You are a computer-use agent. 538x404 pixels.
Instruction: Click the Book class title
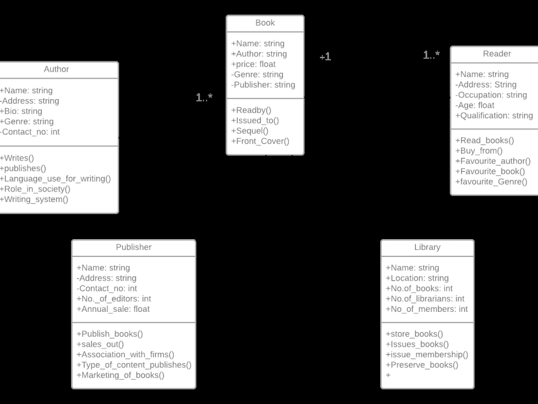click(x=265, y=23)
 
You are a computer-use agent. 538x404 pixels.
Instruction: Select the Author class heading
click(x=56, y=69)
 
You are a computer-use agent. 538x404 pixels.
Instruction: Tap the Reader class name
click(x=497, y=53)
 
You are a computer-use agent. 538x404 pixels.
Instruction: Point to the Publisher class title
click(x=133, y=247)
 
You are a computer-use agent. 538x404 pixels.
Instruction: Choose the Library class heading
click(x=427, y=247)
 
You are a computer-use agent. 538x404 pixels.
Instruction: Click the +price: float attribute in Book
click(x=253, y=64)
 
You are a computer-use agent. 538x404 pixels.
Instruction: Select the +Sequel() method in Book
click(x=250, y=131)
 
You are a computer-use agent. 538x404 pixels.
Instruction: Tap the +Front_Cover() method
click(x=260, y=141)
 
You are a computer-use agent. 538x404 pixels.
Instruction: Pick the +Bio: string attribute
click(x=21, y=112)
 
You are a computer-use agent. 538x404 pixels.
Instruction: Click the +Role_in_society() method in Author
click(x=35, y=189)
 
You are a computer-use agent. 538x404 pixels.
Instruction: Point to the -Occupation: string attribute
click(x=491, y=95)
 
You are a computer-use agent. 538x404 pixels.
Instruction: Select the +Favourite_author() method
click(x=493, y=161)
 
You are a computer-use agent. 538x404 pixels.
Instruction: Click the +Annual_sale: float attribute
click(x=113, y=309)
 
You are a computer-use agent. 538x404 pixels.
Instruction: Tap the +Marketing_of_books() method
click(x=121, y=375)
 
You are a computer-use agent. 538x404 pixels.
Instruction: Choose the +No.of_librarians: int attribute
click(x=425, y=299)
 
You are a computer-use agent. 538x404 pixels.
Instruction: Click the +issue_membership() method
click(x=427, y=354)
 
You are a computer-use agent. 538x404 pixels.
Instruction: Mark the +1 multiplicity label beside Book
click(x=325, y=57)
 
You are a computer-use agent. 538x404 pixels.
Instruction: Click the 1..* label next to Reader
click(x=431, y=54)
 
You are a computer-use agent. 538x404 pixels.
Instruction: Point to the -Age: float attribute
click(x=475, y=106)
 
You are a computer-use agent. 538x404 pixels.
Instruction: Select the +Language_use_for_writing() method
click(x=55, y=179)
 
